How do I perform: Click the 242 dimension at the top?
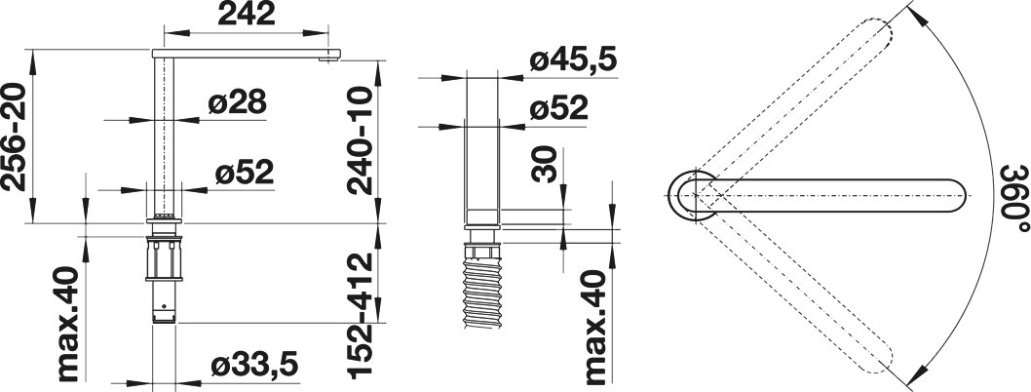(x=246, y=14)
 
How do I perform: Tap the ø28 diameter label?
(x=237, y=103)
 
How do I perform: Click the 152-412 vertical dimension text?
(x=360, y=316)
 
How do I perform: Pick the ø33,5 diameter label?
(x=254, y=365)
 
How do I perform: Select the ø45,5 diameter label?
(x=573, y=61)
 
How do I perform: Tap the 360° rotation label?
(x=1015, y=198)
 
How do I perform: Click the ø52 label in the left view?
(x=244, y=173)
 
